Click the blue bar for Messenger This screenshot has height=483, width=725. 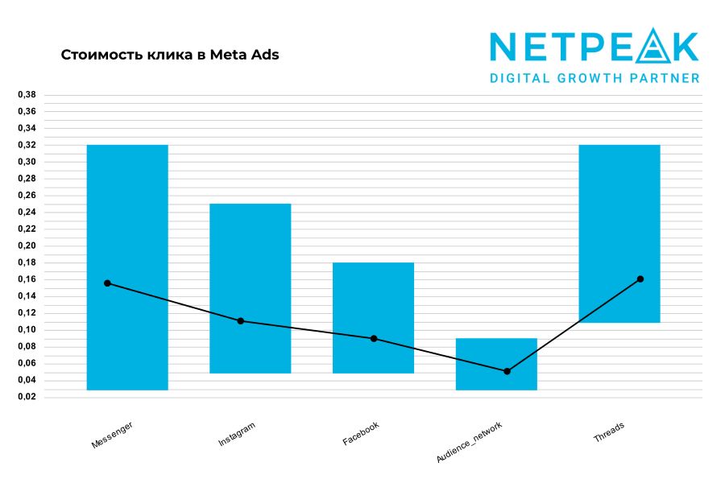click(127, 209)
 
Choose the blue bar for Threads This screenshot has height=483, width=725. click(619, 201)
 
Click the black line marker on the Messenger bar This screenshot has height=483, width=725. click(107, 283)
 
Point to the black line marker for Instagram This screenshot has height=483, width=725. click(241, 321)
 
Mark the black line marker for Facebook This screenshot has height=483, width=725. click(374, 338)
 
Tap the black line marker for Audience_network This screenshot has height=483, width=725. click(507, 371)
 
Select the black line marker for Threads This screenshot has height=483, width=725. click(640, 279)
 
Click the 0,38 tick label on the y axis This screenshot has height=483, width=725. click(27, 94)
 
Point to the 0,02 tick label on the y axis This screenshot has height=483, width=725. click(27, 397)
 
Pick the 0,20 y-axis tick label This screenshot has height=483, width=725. click(27, 246)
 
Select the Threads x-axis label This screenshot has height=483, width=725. click(609, 431)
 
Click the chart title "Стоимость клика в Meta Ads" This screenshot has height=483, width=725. click(170, 56)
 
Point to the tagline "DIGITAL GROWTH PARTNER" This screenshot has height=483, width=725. click(594, 78)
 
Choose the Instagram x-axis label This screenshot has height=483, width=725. click(237, 433)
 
